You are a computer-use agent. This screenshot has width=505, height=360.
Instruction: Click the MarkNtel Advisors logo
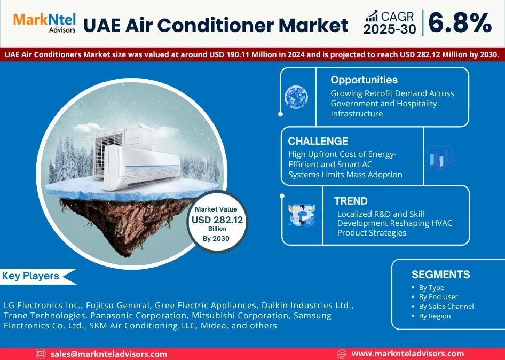(44, 23)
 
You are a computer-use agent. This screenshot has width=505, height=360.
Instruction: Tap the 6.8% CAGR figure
(460, 23)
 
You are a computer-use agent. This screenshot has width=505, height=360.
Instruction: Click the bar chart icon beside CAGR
(372, 16)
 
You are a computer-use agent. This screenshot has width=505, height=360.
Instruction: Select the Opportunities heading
(364, 80)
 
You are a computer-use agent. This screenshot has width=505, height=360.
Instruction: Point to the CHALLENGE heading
(318, 141)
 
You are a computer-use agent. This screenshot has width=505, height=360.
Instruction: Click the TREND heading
(351, 201)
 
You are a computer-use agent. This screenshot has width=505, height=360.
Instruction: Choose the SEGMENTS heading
(440, 274)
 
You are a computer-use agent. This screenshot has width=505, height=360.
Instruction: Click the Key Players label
(30, 276)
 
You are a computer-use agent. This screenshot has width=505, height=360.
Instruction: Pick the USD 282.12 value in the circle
(217, 220)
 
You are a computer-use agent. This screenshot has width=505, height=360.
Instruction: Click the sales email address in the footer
(109, 354)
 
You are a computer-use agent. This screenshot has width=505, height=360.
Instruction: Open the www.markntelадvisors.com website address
(408, 354)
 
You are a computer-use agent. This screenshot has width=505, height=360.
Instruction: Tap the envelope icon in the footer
(41, 354)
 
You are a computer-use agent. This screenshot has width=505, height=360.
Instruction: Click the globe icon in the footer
(342, 354)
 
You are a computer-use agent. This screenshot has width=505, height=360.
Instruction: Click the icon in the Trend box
(302, 214)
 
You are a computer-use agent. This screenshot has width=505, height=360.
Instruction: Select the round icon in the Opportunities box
(296, 97)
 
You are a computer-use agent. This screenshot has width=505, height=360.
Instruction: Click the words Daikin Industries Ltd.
(307, 305)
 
